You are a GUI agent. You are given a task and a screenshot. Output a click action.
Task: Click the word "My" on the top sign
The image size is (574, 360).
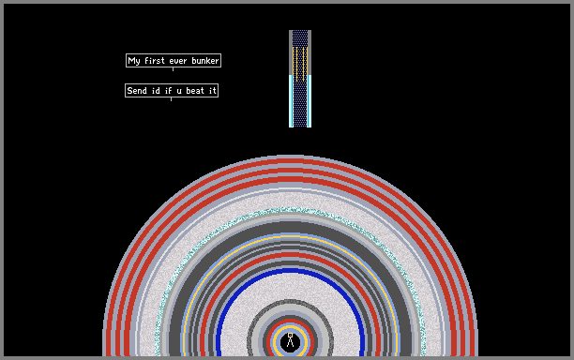tap(134, 61)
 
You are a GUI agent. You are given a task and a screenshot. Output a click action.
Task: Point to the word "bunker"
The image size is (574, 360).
tap(205, 60)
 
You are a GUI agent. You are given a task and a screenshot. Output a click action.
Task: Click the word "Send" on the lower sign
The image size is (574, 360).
tap(137, 90)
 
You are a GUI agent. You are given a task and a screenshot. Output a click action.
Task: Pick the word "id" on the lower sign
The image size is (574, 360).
tap(156, 90)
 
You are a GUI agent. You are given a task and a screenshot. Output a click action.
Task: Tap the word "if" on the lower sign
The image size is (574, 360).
tap(169, 90)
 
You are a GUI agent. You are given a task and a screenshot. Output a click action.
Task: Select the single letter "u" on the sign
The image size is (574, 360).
tap(179, 91)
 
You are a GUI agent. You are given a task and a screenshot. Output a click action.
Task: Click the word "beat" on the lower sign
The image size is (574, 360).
tap(195, 90)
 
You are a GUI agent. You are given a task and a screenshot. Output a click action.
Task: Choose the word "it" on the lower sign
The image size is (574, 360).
tap(213, 90)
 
